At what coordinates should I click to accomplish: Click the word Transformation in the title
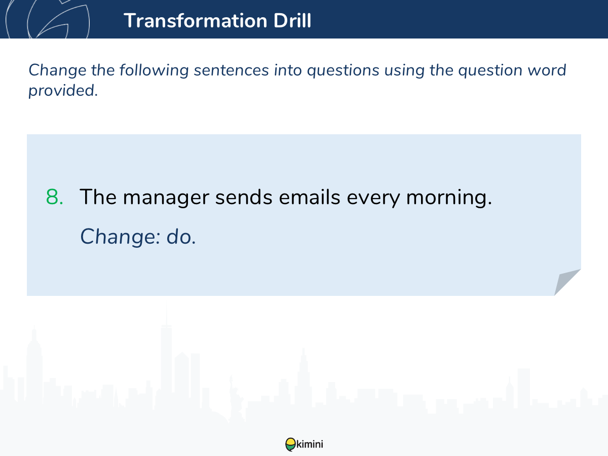point(195,20)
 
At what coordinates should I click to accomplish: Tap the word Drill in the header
point(292,20)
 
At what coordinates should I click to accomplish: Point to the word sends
point(244,197)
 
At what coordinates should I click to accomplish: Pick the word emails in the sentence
point(310,197)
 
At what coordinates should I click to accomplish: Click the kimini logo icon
point(290,444)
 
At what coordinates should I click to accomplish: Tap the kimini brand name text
point(310,444)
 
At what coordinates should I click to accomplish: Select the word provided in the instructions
point(63,91)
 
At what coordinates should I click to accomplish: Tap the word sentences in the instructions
point(231,70)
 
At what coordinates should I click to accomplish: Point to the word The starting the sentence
point(98,197)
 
